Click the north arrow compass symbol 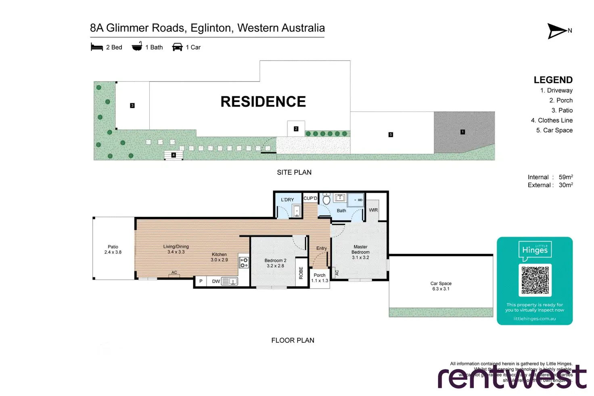click(x=557, y=31)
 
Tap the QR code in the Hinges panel click(x=535, y=280)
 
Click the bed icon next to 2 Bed click(x=97, y=47)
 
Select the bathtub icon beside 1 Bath click(x=137, y=47)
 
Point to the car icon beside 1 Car click(x=177, y=47)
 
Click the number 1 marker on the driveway click(x=462, y=132)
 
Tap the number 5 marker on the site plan click(x=391, y=135)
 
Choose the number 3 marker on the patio click(x=132, y=105)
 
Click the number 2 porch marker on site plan click(x=296, y=129)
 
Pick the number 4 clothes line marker click(x=174, y=155)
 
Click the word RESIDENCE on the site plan click(x=263, y=102)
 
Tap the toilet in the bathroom click(x=326, y=199)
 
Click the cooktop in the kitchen click(x=244, y=263)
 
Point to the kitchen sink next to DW click(x=229, y=281)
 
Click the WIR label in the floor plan click(x=373, y=210)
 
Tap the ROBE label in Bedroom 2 click(x=301, y=273)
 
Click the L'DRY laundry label click(x=287, y=199)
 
